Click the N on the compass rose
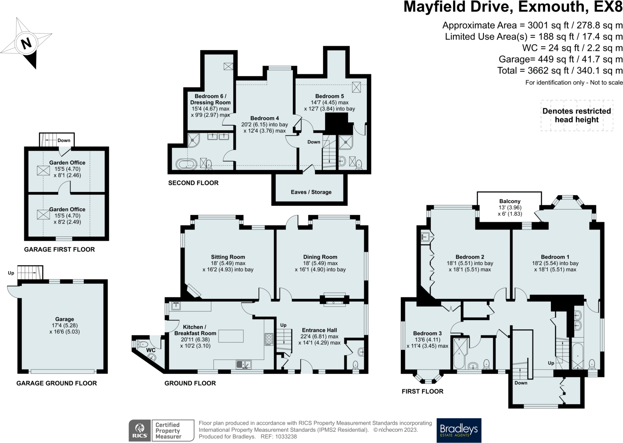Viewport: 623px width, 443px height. pyautogui.click(x=26, y=43)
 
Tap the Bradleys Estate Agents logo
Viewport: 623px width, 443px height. pyautogui.click(x=459, y=430)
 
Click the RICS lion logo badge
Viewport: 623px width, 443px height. pyautogui.click(x=140, y=430)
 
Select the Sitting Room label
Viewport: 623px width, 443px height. pyautogui.click(x=228, y=257)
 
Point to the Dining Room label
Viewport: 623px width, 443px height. pyautogui.click(x=320, y=257)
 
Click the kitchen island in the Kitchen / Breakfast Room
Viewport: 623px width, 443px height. pyautogui.click(x=231, y=336)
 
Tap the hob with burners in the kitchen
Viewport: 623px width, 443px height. pyautogui.click(x=269, y=339)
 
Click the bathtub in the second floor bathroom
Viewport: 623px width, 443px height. pyautogui.click(x=186, y=164)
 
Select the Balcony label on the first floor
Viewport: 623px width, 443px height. pyautogui.click(x=510, y=201)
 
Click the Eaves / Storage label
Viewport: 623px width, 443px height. pyautogui.click(x=311, y=192)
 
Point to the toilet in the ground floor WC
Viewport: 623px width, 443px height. pyautogui.click(x=142, y=344)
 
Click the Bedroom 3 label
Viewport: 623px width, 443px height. pyautogui.click(x=427, y=333)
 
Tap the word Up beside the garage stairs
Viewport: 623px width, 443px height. pyautogui.click(x=11, y=273)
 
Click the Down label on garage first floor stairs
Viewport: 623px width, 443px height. pyautogui.click(x=64, y=140)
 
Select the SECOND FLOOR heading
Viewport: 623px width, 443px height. pyautogui.click(x=193, y=183)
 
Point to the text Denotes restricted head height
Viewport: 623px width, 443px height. pyautogui.click(x=576, y=115)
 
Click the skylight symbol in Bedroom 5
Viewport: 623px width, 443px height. pyautogui.click(x=356, y=87)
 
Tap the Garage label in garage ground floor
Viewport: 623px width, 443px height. pyautogui.click(x=64, y=319)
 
